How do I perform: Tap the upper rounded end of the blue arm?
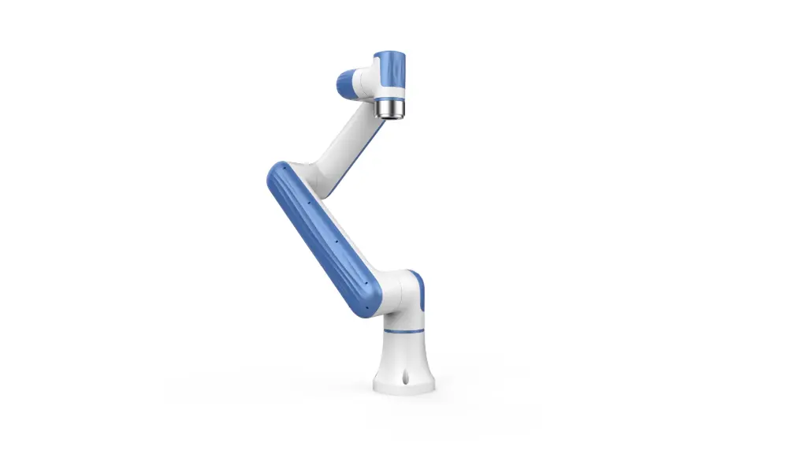click(x=281, y=174)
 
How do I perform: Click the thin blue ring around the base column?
click(x=404, y=332)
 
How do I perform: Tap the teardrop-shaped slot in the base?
click(x=404, y=379)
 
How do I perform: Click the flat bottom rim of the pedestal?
click(x=404, y=389)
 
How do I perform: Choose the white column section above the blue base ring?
click(x=404, y=320)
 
